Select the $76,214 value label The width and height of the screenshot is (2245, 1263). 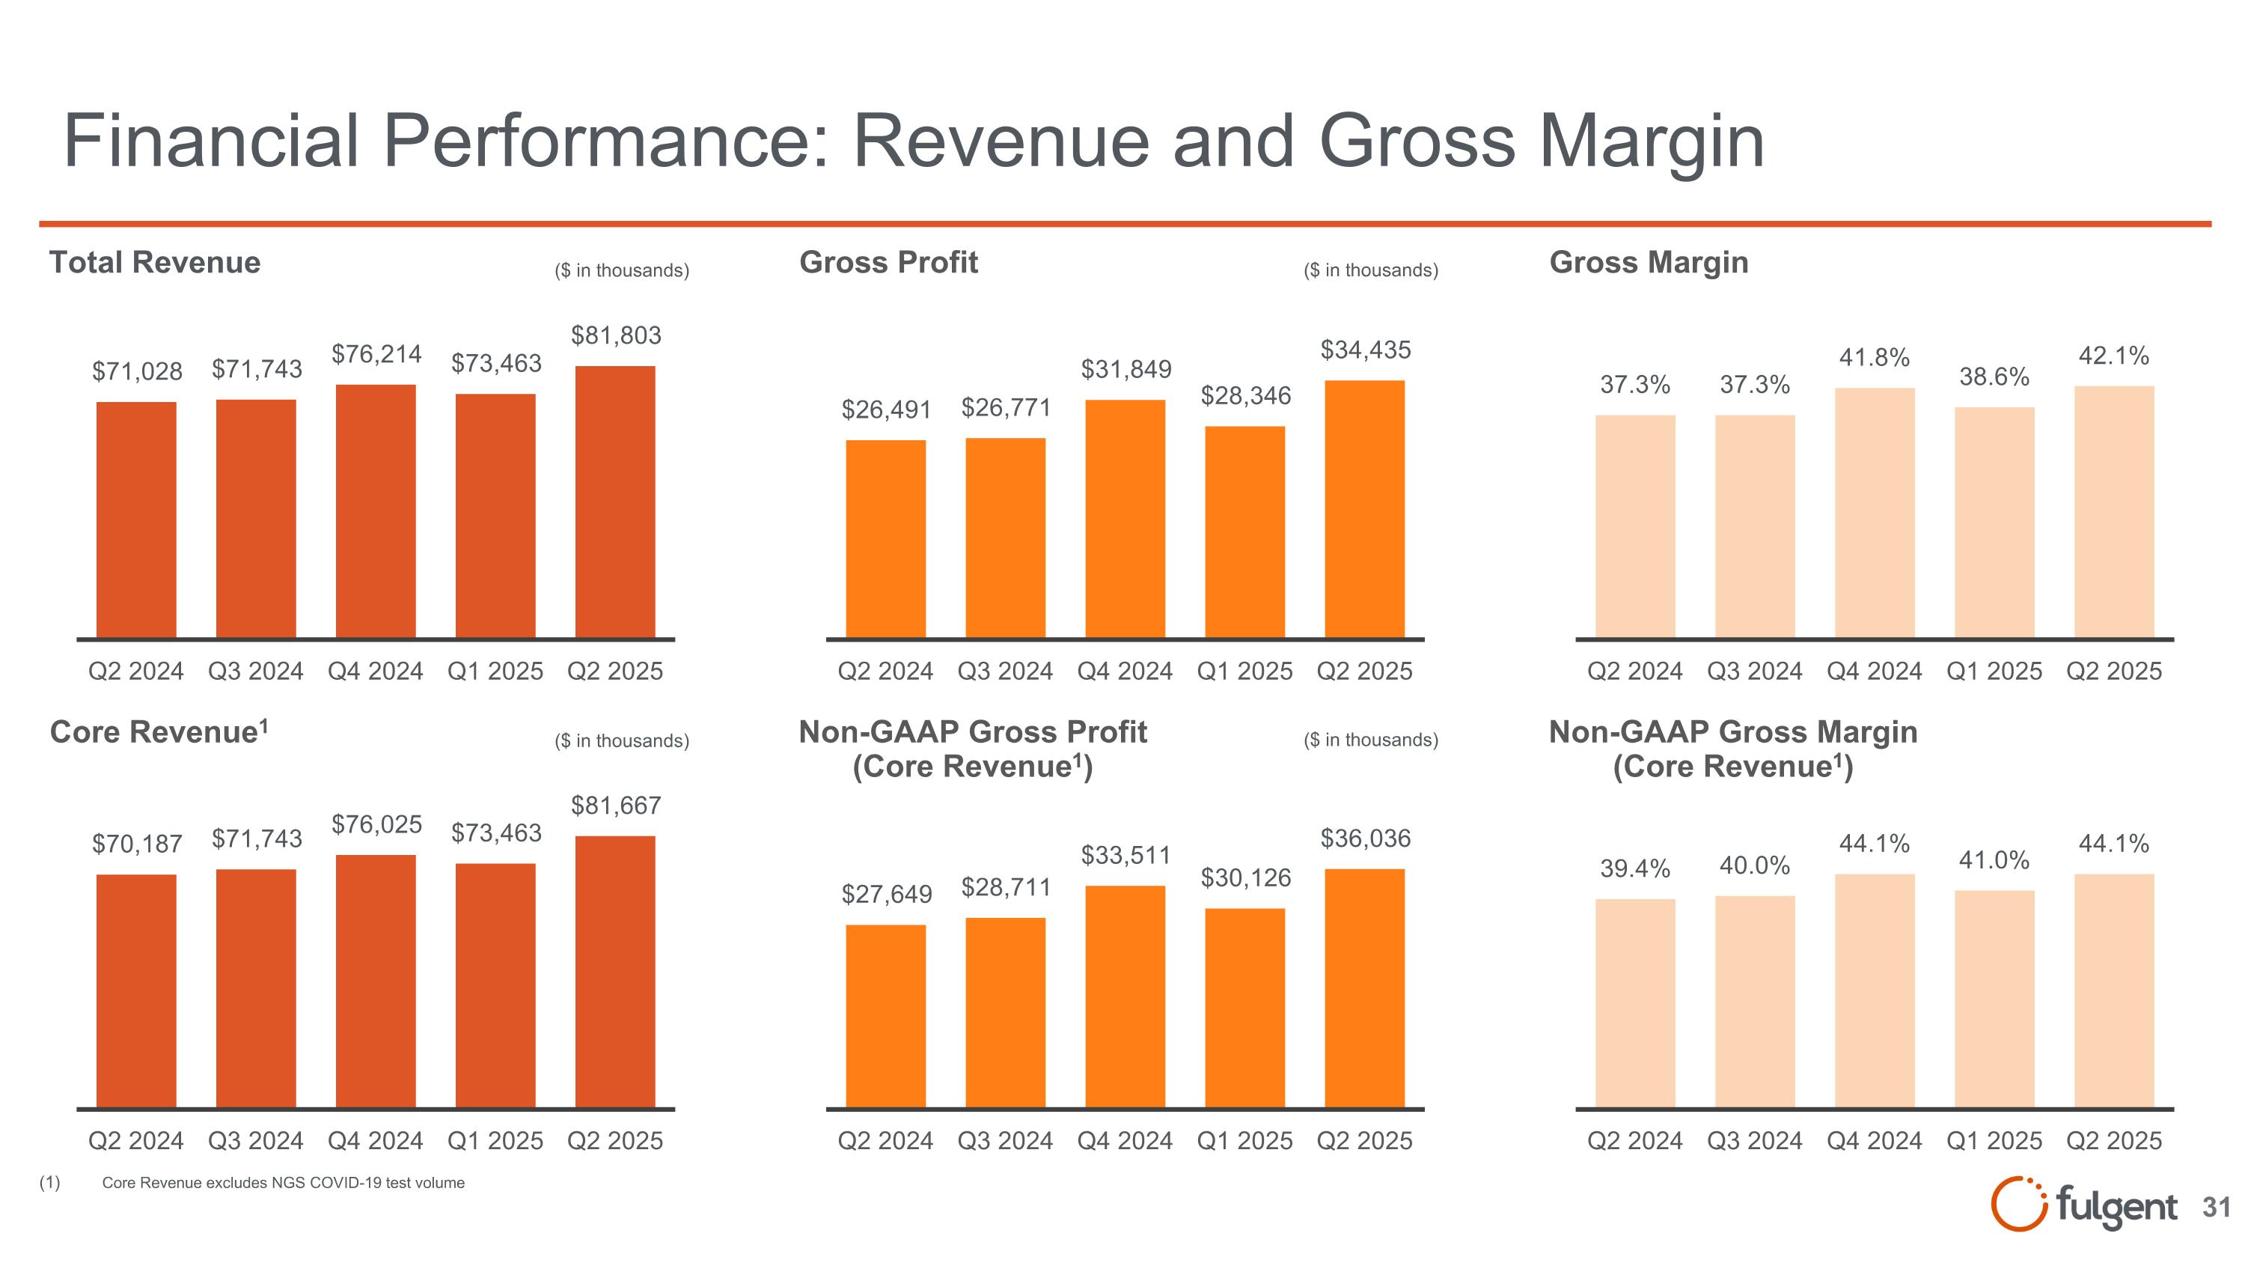(376, 354)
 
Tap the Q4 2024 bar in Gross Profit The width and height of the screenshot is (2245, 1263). (1124, 519)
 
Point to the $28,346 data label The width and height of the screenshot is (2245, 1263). (1245, 396)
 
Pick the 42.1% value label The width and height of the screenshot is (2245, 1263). (2113, 356)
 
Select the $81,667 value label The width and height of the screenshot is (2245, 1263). (615, 806)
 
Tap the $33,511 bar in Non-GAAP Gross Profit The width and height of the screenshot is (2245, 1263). (1124, 996)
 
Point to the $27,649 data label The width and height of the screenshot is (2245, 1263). (886, 895)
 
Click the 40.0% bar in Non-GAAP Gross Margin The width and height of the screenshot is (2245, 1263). (1754, 1002)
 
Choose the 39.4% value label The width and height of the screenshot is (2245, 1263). (1635, 869)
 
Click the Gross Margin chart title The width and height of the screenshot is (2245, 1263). (1648, 262)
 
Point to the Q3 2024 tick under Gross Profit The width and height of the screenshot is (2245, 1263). (1005, 671)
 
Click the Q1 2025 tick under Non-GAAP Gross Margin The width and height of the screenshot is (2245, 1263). (1994, 1141)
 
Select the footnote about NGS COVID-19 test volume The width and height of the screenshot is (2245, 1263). (283, 1183)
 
